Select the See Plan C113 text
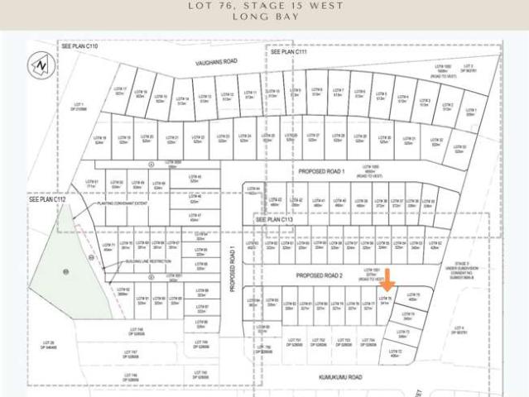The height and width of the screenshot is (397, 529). click(276, 220)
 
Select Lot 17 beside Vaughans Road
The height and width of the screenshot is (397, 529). click(119, 91)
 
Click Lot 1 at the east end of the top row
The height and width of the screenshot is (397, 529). click(470, 112)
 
